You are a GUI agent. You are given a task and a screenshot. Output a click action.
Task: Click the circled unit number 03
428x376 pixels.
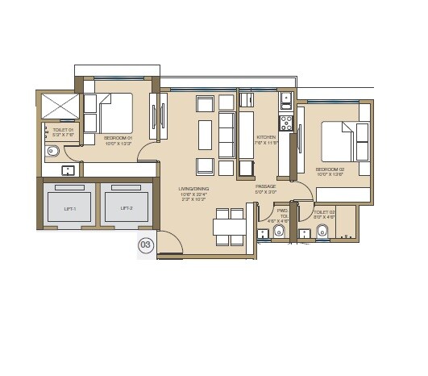146,245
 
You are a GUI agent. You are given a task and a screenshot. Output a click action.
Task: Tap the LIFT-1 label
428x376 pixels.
70,208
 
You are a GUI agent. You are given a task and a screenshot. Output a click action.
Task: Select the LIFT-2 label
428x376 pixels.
127,208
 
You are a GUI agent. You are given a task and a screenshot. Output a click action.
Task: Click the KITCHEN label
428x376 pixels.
266,138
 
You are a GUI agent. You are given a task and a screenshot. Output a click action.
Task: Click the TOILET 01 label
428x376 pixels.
64,129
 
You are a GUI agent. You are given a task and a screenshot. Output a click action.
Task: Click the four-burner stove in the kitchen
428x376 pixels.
285,123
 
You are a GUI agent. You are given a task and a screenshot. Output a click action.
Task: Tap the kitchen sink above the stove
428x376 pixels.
285,101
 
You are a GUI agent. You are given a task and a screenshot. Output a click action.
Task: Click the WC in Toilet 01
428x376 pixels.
53,150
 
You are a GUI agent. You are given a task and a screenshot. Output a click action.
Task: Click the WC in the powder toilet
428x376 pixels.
278,232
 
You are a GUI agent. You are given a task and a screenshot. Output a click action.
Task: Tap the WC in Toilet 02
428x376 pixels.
322,232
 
